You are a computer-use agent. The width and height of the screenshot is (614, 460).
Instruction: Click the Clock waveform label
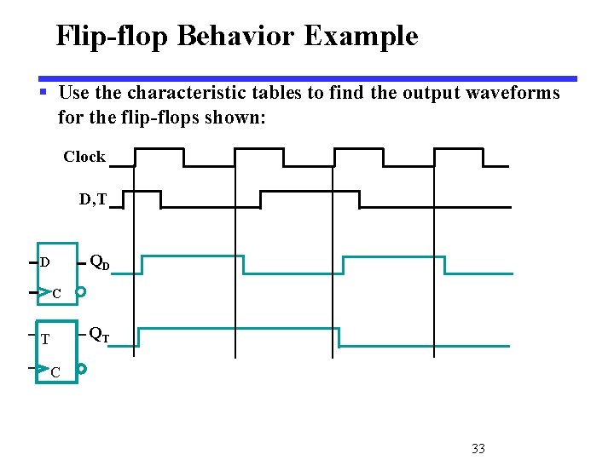[x=84, y=157]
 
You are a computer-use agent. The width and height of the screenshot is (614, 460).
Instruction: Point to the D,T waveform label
[x=93, y=199]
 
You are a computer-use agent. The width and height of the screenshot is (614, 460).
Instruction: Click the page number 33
[x=478, y=448]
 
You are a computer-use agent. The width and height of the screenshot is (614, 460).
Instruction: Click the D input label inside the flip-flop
[x=44, y=262]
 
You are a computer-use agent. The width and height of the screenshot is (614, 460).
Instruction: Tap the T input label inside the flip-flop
[x=45, y=339]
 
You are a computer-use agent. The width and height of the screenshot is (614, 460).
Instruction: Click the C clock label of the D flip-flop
[x=56, y=294]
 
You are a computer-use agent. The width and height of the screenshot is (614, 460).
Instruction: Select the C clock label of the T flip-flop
[x=55, y=372]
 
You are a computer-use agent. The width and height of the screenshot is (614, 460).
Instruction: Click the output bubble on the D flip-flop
[x=81, y=291]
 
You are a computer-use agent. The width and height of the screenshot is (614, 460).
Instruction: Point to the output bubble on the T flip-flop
[x=82, y=369]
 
